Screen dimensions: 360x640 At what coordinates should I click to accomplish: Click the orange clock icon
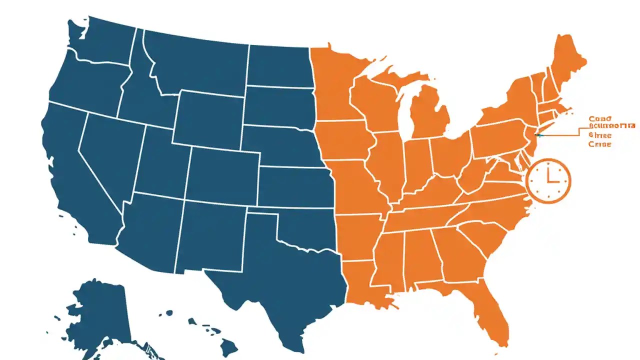point(548,180)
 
